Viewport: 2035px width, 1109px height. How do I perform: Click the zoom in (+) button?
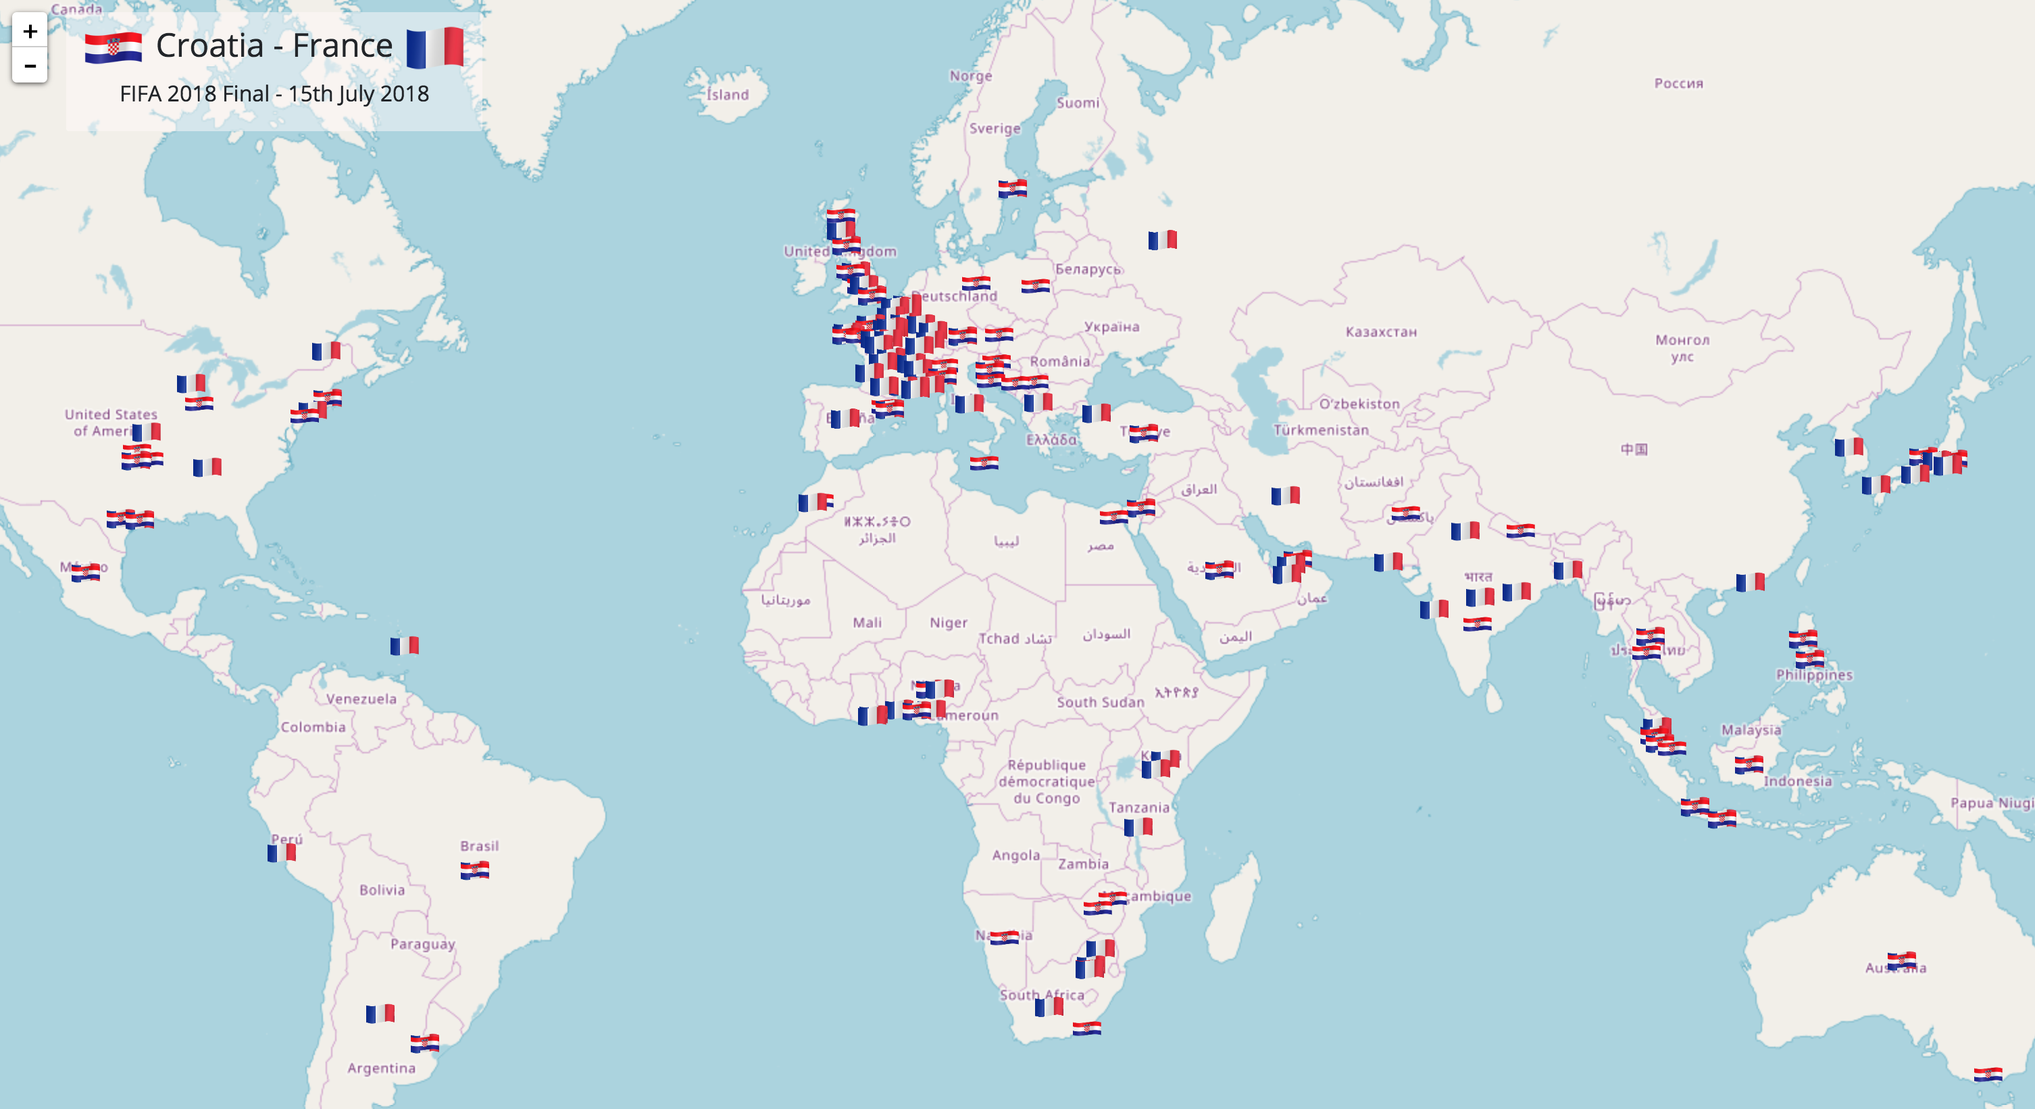[x=30, y=32]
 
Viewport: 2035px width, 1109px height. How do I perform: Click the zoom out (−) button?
[x=30, y=66]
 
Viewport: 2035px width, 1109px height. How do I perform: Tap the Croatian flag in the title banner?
[x=114, y=47]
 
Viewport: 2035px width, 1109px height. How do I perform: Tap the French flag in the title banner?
[x=434, y=47]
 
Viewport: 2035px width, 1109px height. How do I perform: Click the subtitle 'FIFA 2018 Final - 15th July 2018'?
[x=274, y=94]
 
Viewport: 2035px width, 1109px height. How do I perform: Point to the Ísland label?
[x=728, y=95]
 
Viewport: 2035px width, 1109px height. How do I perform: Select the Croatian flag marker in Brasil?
[x=475, y=870]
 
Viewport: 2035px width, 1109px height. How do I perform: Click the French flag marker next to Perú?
[x=281, y=853]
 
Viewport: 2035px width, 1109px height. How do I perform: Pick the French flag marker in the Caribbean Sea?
[x=405, y=646]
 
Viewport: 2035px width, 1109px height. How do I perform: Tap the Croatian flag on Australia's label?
[x=1901, y=961]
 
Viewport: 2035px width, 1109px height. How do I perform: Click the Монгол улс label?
[x=1682, y=348]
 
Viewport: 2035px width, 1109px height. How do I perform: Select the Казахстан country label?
[x=1381, y=332]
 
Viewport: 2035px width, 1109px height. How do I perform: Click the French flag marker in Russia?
[x=1162, y=239]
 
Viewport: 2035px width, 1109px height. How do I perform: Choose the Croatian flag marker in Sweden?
[x=1012, y=189]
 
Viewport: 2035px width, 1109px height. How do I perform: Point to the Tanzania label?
[x=1138, y=807]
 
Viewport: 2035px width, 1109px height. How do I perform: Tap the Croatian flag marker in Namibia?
[x=1004, y=937]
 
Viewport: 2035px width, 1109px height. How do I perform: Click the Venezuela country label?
[x=361, y=699]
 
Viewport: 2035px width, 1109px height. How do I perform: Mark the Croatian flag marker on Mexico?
[x=85, y=572]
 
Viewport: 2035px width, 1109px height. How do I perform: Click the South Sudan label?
[x=1100, y=702]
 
